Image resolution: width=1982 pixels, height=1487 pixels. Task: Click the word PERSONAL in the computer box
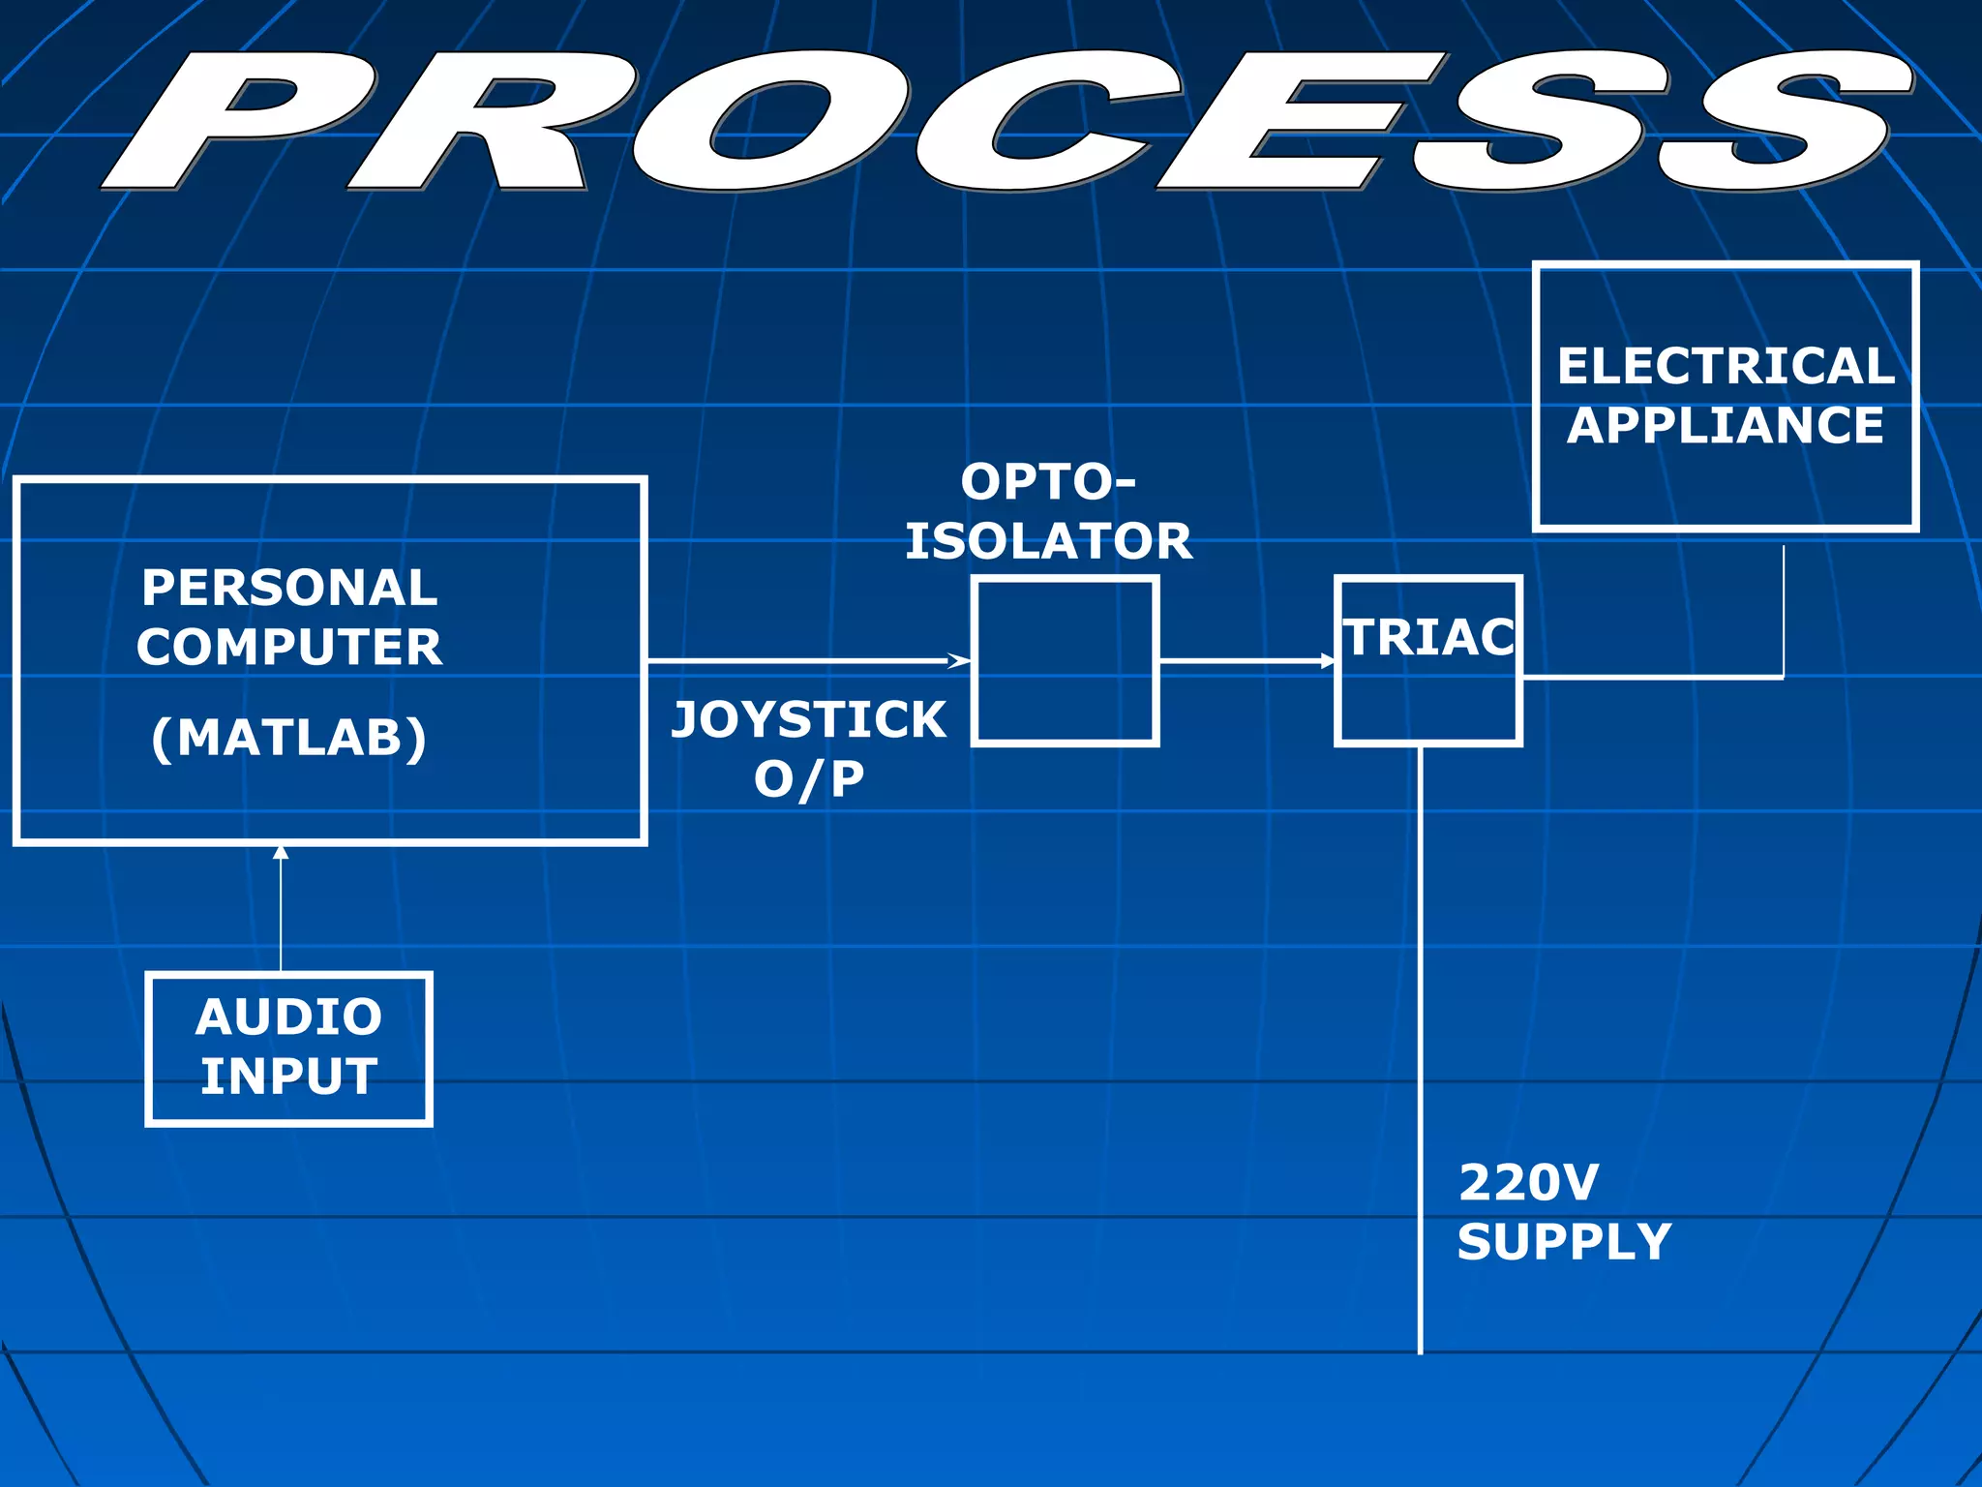tap(289, 588)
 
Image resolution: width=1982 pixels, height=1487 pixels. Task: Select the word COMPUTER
tap(289, 647)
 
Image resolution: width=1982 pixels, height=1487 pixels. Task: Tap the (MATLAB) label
tap(289, 738)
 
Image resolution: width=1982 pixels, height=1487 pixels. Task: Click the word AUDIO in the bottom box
tap(288, 1017)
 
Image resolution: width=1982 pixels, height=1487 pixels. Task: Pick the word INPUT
tap(288, 1077)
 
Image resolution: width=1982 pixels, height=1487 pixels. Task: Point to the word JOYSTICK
tap(809, 720)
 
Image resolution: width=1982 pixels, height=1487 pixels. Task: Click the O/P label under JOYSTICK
tap(809, 779)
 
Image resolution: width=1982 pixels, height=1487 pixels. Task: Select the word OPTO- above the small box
tap(1048, 482)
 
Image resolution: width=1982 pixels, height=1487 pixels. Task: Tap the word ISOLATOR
tap(1048, 541)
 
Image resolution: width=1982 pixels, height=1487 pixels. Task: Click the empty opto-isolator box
tap(1065, 661)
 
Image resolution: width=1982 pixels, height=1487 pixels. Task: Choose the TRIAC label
tap(1429, 638)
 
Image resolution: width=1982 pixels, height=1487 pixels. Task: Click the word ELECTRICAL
tap(1726, 366)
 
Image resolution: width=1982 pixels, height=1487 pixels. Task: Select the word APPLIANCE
tap(1726, 426)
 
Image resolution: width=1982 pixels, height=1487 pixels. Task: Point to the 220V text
tap(1528, 1183)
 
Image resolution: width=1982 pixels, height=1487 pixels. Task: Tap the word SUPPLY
tap(1564, 1242)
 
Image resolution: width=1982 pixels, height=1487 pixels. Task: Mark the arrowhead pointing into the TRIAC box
tap(1328, 661)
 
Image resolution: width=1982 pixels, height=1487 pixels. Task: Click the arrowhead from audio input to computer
tap(281, 853)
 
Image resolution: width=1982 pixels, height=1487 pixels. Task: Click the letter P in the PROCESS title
tap(242, 121)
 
